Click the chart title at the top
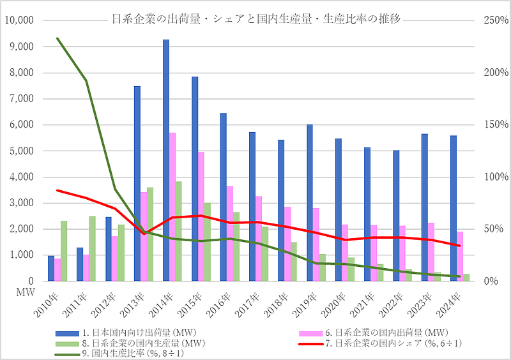[x=256, y=19]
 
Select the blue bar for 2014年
[x=166, y=160]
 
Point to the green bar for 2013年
[x=150, y=234]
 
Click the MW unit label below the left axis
[x=13, y=292]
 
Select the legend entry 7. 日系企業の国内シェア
[x=377, y=343]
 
